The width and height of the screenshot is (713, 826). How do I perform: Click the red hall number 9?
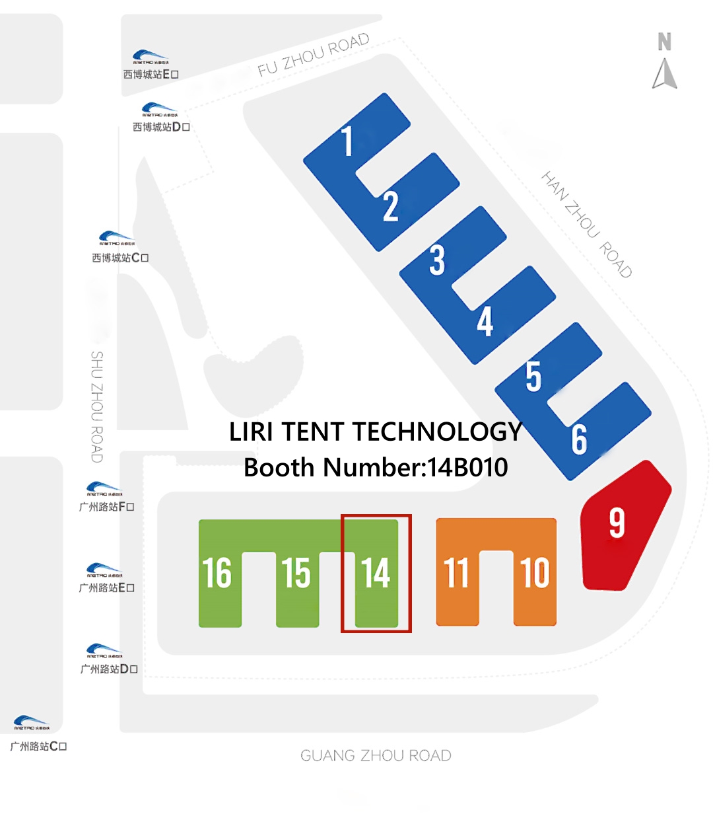(x=617, y=523)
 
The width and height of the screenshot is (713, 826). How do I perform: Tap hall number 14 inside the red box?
(x=376, y=573)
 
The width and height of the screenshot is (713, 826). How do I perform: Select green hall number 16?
(x=217, y=573)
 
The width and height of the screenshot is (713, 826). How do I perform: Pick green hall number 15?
(x=296, y=573)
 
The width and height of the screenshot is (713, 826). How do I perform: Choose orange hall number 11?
(x=456, y=573)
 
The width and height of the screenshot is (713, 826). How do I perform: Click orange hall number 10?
(x=535, y=573)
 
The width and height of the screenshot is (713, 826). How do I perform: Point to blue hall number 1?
(x=347, y=141)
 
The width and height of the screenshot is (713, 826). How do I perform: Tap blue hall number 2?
(x=391, y=206)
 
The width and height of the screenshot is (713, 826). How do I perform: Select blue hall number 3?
(x=437, y=260)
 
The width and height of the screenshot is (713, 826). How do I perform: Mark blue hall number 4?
(x=485, y=322)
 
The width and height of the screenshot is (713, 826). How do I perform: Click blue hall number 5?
(x=533, y=377)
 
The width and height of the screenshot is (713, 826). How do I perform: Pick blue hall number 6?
(x=579, y=439)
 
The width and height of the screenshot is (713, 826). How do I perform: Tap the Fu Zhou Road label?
(x=313, y=55)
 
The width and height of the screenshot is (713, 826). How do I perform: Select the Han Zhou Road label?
(x=587, y=224)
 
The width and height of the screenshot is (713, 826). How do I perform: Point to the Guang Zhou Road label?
(x=376, y=755)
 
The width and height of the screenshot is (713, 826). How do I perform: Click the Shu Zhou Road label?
(x=97, y=406)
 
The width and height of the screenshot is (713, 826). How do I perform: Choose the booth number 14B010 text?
(x=376, y=467)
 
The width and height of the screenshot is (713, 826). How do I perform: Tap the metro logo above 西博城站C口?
(x=116, y=239)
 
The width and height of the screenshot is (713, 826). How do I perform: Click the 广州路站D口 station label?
(x=109, y=669)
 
